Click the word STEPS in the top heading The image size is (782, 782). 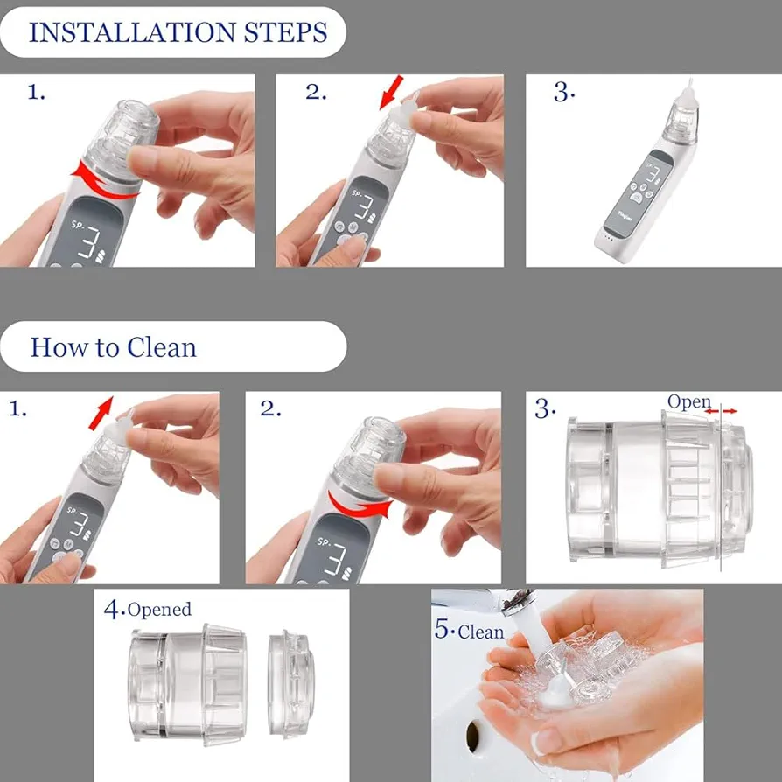286,32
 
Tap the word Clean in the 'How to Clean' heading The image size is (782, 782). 162,347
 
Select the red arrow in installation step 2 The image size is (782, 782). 390,92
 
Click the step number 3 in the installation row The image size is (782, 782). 563,92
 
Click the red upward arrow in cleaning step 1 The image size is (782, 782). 101,413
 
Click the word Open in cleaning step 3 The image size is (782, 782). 688,402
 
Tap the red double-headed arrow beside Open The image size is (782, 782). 721,411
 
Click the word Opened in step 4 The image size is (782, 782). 159,610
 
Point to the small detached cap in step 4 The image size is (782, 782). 290,683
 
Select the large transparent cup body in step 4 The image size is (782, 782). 188,684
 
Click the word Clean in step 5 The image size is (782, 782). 481,632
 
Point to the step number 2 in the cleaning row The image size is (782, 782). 269,408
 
